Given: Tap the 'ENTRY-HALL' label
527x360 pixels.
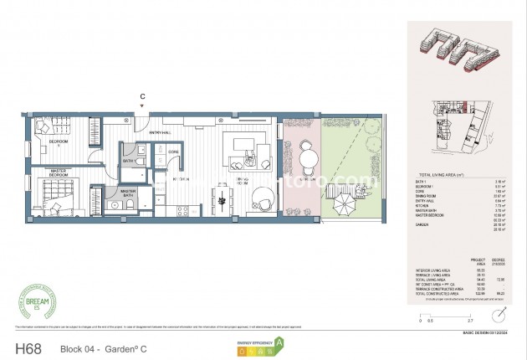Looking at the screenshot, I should (161, 133).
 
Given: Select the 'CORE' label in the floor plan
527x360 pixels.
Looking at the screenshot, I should (173, 152).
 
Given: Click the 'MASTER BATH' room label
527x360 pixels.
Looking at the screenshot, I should (129, 193).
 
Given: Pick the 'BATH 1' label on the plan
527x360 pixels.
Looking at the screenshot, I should (130, 161).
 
